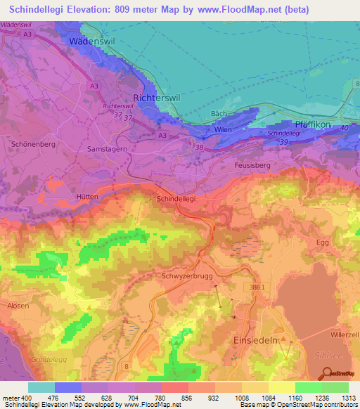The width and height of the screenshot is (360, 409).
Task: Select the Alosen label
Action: (18, 306)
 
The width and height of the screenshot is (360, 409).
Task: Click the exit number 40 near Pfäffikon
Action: (344, 127)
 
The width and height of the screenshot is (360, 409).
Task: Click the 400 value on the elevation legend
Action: (25, 398)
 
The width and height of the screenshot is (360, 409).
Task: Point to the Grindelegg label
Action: (47, 358)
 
